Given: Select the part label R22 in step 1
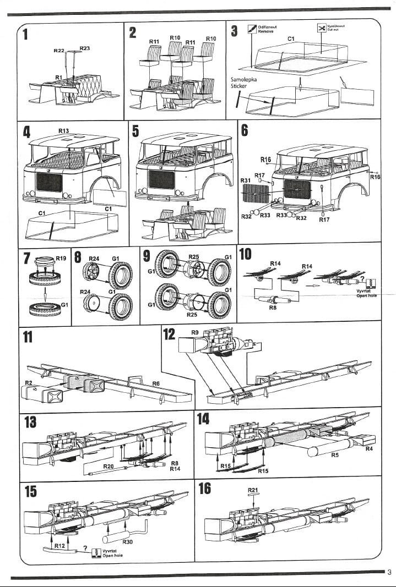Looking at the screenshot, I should coord(59,51).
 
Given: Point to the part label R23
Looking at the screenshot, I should coord(85,48).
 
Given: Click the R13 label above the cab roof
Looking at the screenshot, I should coord(63,130).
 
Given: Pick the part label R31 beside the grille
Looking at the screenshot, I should coord(246,180).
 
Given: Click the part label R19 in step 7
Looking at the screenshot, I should coord(61,257).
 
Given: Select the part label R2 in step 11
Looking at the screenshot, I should coord(29,382).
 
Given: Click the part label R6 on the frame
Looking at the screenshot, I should coord(156,383).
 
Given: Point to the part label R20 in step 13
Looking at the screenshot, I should coord(109,466).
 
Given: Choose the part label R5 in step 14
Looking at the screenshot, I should coord(335,455).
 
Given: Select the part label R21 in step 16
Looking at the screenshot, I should coord(253,490).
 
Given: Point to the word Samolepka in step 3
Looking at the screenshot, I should coord(243,80).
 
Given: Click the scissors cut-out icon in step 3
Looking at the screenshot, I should coord(321,28).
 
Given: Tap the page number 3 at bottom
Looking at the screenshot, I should coord(389,571).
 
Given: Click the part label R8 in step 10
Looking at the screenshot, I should coord(272,308).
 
